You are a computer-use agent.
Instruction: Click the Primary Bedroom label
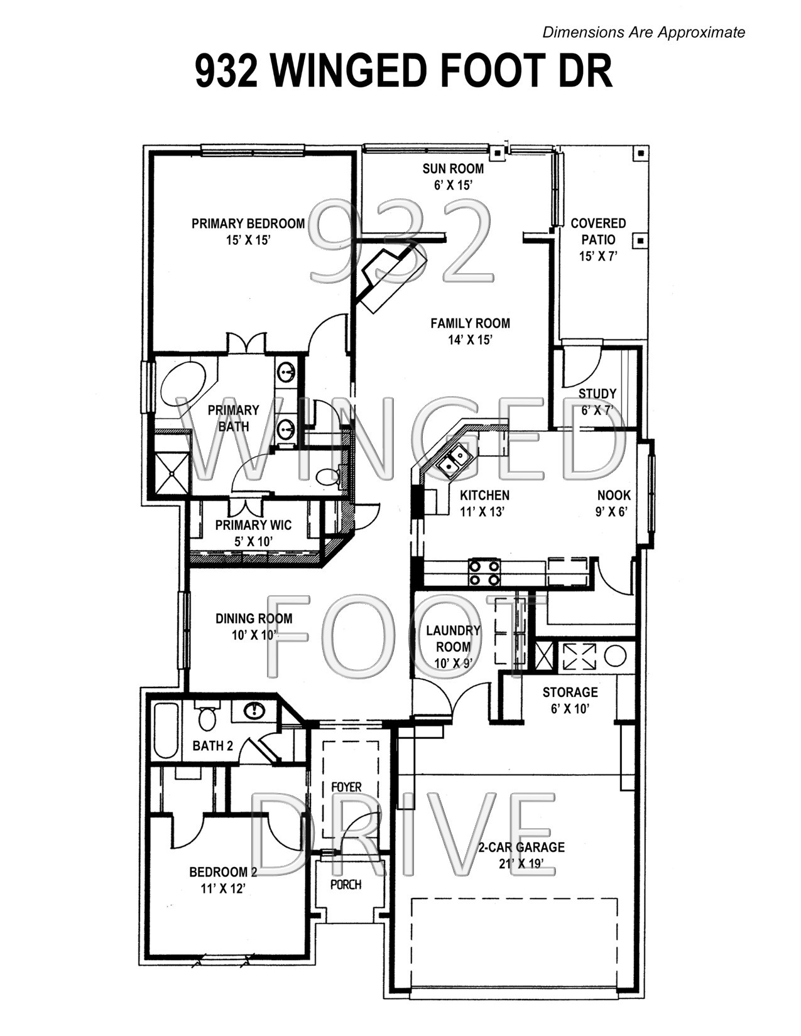tap(248, 224)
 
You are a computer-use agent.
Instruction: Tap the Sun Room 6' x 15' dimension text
tap(453, 185)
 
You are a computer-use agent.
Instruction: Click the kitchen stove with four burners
tap(484, 572)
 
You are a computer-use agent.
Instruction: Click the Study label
tap(597, 394)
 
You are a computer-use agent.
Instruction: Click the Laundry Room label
tap(453, 638)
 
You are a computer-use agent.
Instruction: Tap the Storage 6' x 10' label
tap(570, 700)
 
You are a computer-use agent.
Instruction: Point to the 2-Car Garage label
tap(521, 847)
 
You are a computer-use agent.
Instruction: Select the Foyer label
tap(346, 787)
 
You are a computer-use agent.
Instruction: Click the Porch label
tap(346, 885)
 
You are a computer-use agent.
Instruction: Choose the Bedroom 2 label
tap(223, 872)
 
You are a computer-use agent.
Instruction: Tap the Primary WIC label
tap(253, 525)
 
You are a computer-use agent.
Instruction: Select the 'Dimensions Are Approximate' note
tap(643, 32)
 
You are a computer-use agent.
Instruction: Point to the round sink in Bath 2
tap(254, 711)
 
